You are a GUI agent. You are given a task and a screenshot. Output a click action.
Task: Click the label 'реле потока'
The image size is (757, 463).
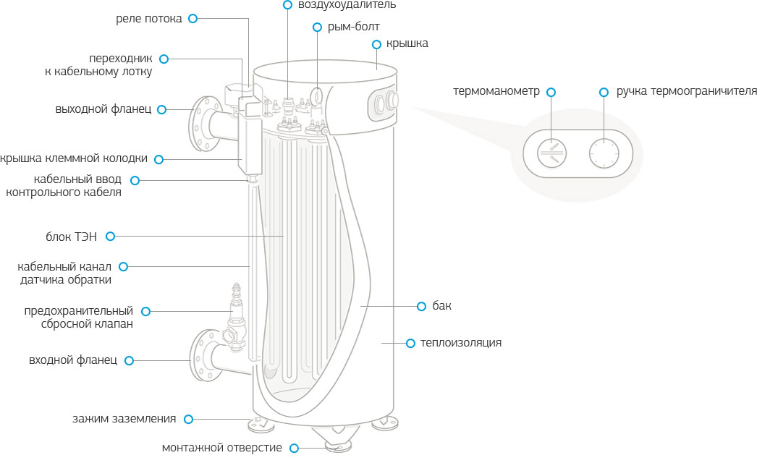(x=148, y=19)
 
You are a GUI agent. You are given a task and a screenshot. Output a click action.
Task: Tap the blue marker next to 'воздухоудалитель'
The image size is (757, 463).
(x=288, y=4)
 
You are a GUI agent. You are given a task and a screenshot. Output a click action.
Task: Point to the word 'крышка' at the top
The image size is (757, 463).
(x=407, y=43)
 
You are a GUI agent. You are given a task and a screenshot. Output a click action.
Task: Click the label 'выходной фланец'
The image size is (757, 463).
(x=103, y=109)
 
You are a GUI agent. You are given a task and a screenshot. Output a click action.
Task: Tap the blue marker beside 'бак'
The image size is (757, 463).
(x=421, y=306)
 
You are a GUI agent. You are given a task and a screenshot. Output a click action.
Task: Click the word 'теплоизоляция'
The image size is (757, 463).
(x=461, y=342)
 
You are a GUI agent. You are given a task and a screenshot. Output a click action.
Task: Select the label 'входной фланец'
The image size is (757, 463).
(x=73, y=360)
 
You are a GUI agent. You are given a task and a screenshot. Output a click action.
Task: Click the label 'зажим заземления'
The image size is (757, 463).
(x=124, y=418)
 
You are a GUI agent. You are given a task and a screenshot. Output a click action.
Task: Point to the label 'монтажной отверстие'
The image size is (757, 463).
(x=222, y=448)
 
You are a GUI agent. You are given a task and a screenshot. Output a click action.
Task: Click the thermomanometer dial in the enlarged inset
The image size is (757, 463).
(x=552, y=152)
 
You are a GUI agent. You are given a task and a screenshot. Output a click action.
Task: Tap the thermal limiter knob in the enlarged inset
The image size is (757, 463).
(x=603, y=152)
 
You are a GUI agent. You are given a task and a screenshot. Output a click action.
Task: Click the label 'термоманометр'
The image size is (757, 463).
(x=496, y=92)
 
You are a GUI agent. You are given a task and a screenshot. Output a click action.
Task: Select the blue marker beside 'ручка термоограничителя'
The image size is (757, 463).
(x=604, y=92)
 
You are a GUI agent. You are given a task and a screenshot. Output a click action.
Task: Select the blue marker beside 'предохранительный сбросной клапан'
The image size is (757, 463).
(x=146, y=311)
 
